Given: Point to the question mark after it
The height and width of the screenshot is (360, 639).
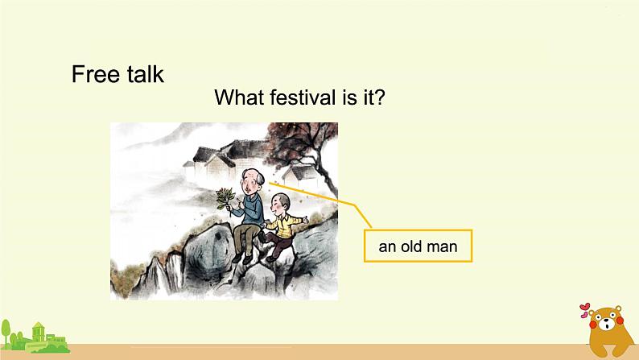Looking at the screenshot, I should coord(381,98).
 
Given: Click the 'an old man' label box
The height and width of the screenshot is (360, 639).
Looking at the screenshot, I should coord(418,246).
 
